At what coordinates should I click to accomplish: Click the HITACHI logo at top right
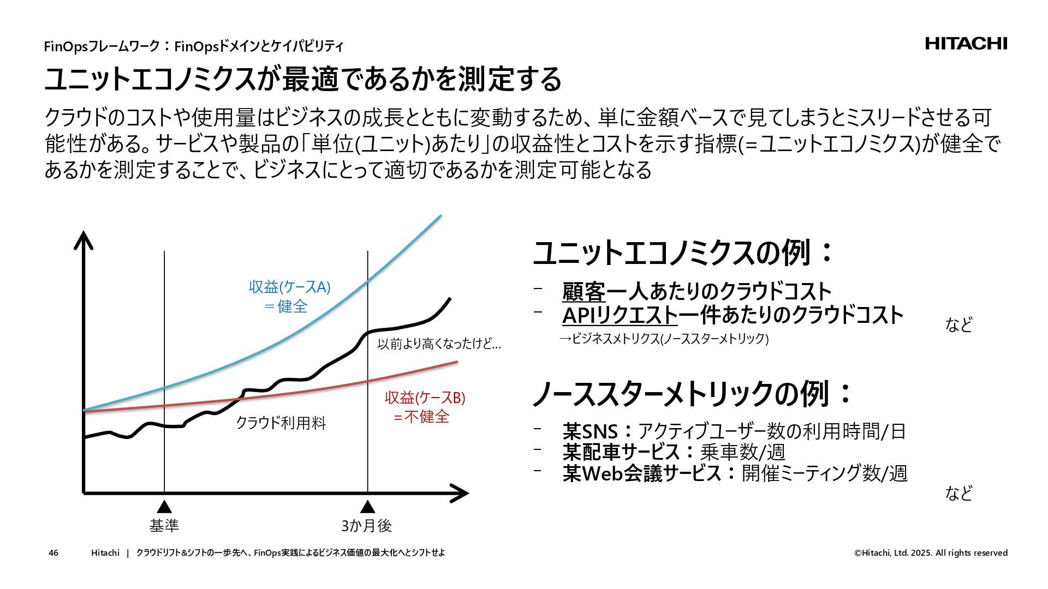click(966, 44)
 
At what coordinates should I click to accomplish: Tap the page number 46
click(53, 553)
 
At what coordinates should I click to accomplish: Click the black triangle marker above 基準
click(164, 506)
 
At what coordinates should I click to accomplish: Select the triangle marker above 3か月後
click(367, 506)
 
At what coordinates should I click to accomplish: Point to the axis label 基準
click(164, 526)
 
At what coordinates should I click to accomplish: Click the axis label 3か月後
click(367, 526)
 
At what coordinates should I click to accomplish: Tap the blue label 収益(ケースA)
click(289, 287)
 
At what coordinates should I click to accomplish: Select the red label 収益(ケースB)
click(425, 398)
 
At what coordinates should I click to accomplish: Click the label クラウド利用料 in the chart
click(281, 423)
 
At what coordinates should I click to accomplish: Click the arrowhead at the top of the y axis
click(83, 240)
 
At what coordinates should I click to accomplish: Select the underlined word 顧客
click(583, 292)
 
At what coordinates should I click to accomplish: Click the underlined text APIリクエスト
click(620, 316)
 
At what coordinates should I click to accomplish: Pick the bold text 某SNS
click(590, 432)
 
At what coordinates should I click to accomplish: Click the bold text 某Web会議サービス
click(642, 473)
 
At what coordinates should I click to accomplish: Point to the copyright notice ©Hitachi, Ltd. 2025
click(931, 553)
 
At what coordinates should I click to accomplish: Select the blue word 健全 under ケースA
click(293, 306)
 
